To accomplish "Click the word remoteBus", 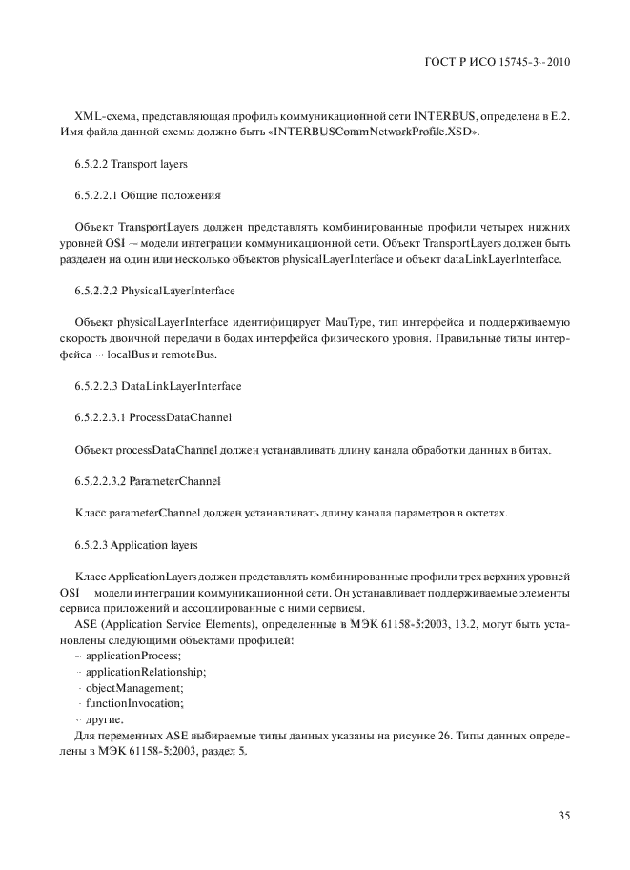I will point(192,354).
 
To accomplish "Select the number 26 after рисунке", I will point(442,736).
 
